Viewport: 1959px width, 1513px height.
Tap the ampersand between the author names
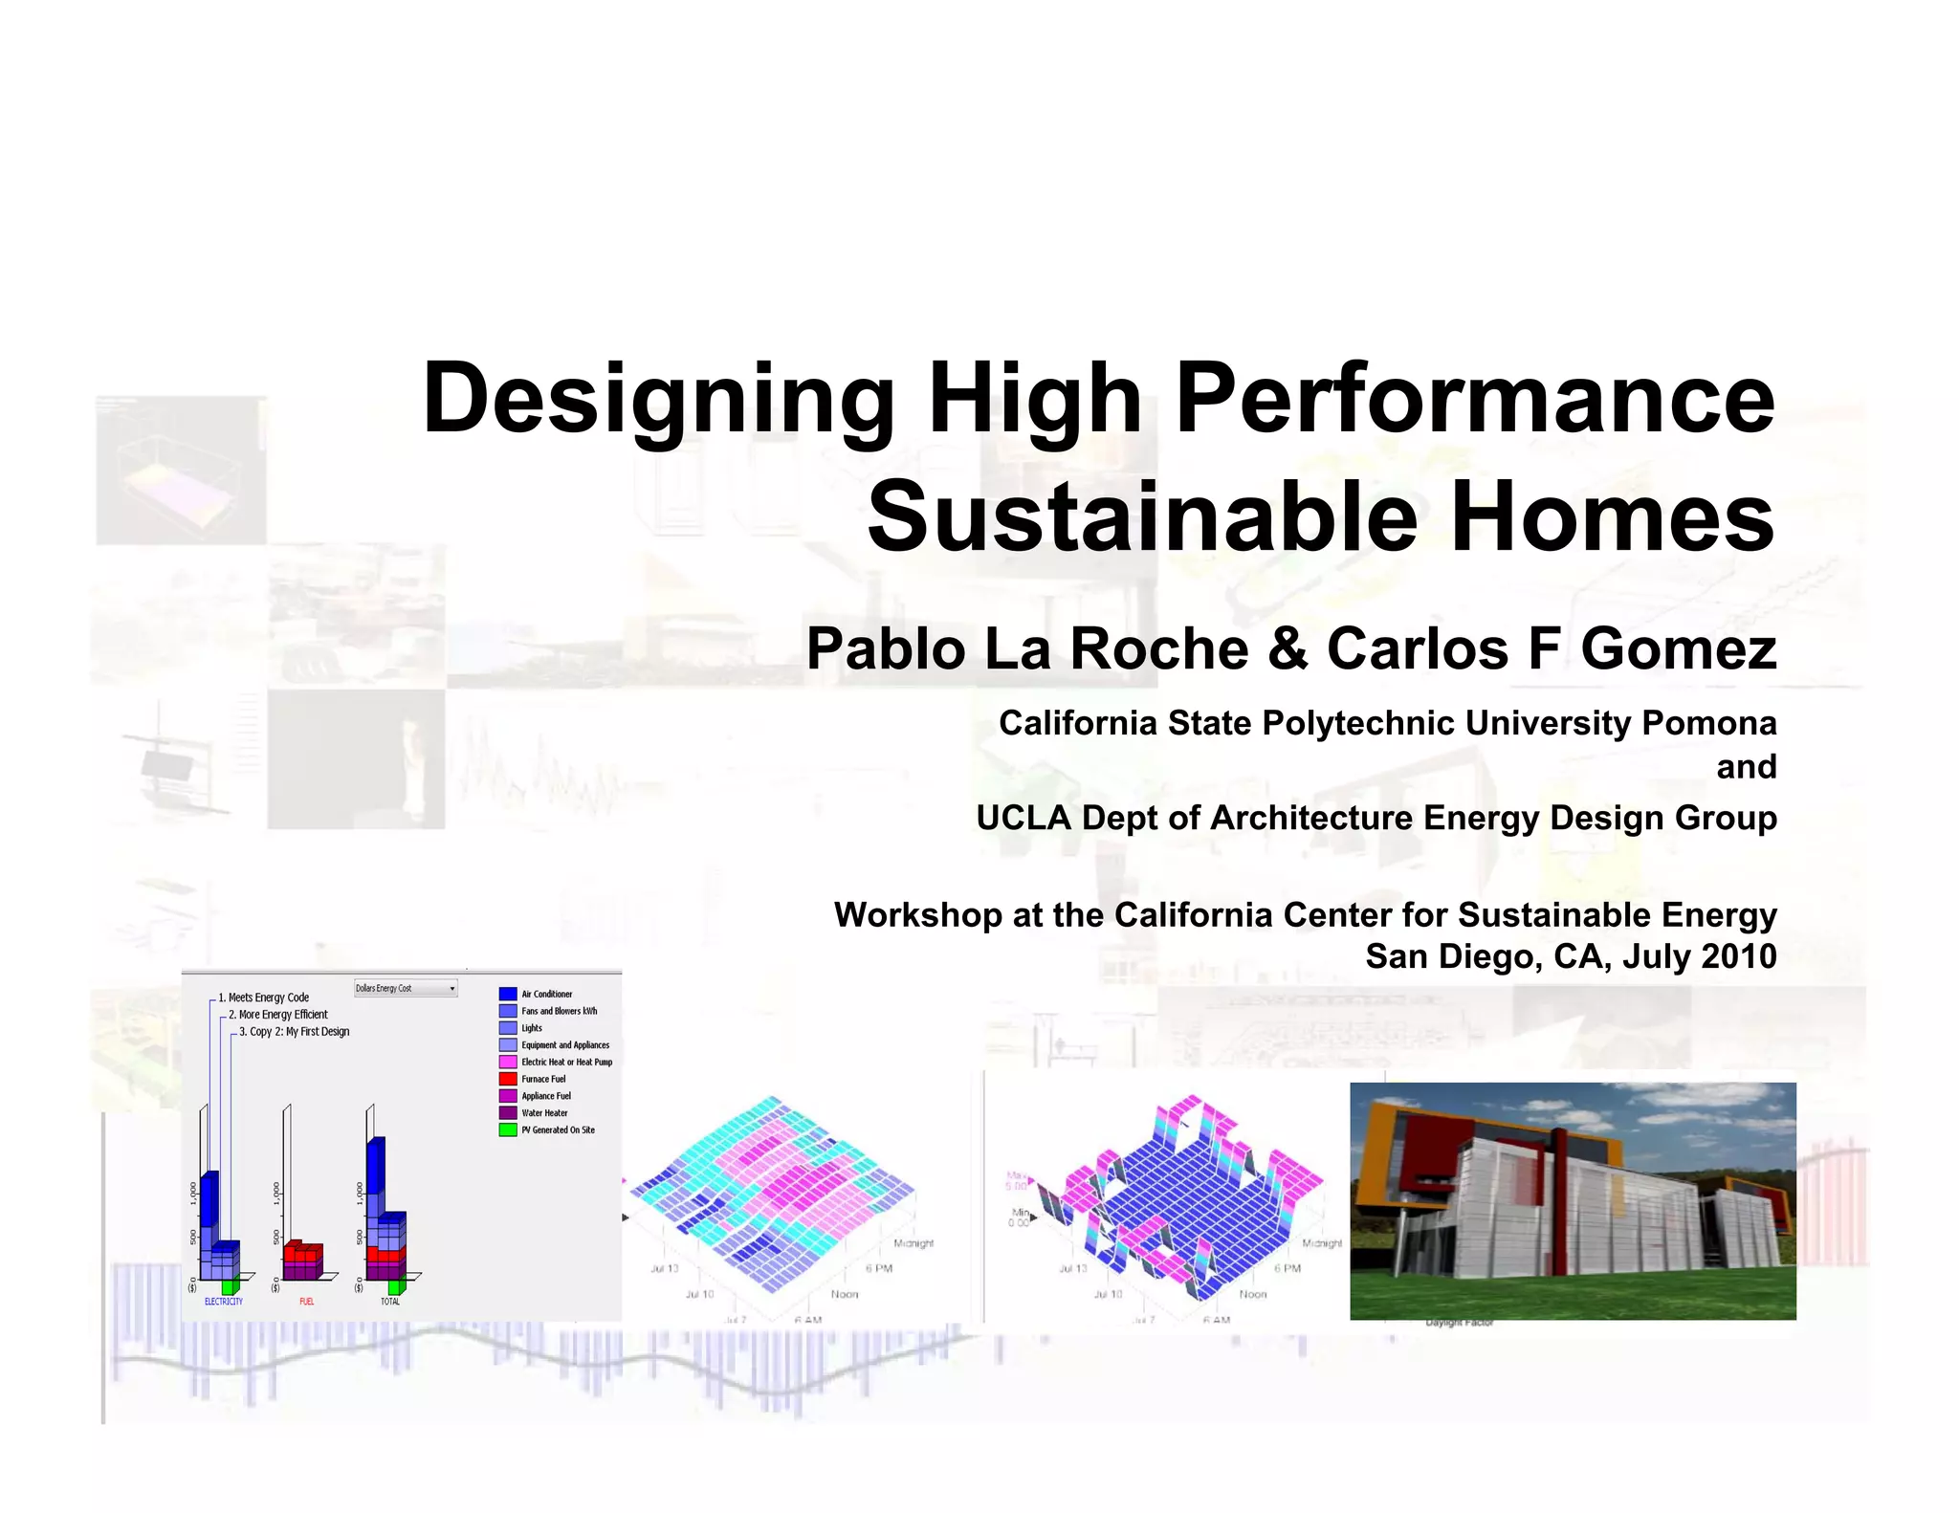click(x=1288, y=648)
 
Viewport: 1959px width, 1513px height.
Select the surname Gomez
click(x=1678, y=648)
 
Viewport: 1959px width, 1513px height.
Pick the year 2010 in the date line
click(x=1738, y=956)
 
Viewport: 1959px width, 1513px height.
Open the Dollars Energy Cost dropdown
click(x=406, y=988)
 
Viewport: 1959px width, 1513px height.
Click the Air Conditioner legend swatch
click(x=508, y=995)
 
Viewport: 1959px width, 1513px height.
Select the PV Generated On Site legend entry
click(x=558, y=1130)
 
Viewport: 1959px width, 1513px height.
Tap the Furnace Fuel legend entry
click(x=543, y=1079)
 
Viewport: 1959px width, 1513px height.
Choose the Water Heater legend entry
click(x=544, y=1113)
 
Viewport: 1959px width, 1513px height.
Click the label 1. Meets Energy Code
click(x=264, y=998)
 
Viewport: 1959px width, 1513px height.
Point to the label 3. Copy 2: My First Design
click(x=295, y=1032)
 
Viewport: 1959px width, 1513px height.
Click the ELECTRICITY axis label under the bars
click(x=224, y=1302)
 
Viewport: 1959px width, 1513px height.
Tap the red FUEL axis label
click(x=306, y=1302)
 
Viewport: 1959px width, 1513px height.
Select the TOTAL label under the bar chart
click(x=390, y=1302)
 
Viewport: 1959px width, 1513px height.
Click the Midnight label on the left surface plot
click(x=913, y=1243)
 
